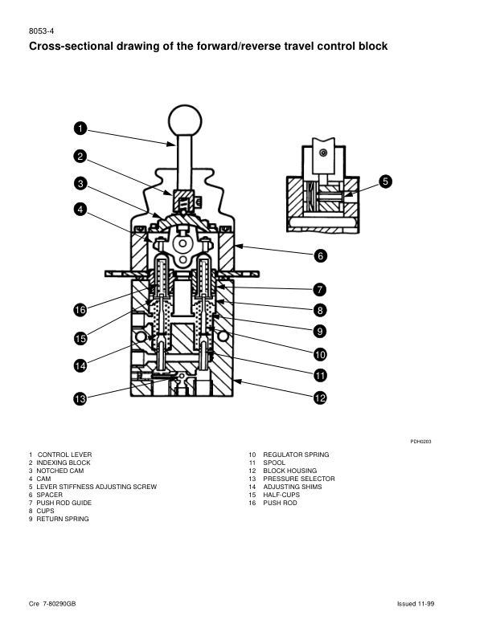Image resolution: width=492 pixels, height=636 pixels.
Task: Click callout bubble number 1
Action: [x=80, y=128]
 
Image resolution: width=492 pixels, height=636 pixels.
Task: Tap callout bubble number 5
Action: [x=386, y=181]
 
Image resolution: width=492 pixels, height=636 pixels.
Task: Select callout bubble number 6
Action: [x=320, y=256]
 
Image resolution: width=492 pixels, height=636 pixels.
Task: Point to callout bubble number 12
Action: [x=320, y=397]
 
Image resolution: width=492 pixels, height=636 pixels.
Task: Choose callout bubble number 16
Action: [x=80, y=310]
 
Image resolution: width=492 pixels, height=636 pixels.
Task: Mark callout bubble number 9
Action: [x=320, y=331]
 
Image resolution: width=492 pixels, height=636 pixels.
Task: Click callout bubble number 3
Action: [x=80, y=183]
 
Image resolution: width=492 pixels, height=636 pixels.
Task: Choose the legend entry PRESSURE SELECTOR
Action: [x=298, y=479]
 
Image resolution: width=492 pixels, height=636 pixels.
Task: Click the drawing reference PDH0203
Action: [x=420, y=441]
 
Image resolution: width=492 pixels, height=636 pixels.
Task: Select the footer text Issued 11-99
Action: [x=415, y=603]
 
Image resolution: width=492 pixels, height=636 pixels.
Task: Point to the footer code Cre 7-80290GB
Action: [x=53, y=603]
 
